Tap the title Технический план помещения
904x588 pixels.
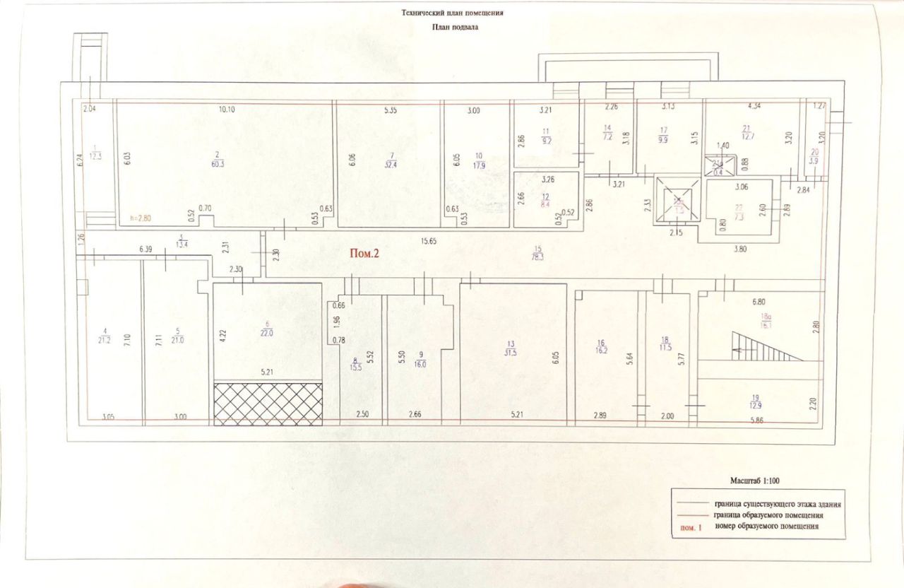pos(451,13)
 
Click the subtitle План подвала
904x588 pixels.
pos(451,28)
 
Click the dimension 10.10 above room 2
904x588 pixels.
pos(227,110)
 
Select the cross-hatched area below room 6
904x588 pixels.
pos(268,404)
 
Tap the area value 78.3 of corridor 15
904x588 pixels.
pos(538,257)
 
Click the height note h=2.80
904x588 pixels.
pos(140,219)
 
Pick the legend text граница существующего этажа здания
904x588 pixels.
pos(778,504)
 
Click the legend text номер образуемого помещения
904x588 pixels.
pos(766,526)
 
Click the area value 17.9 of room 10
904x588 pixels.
pos(478,166)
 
